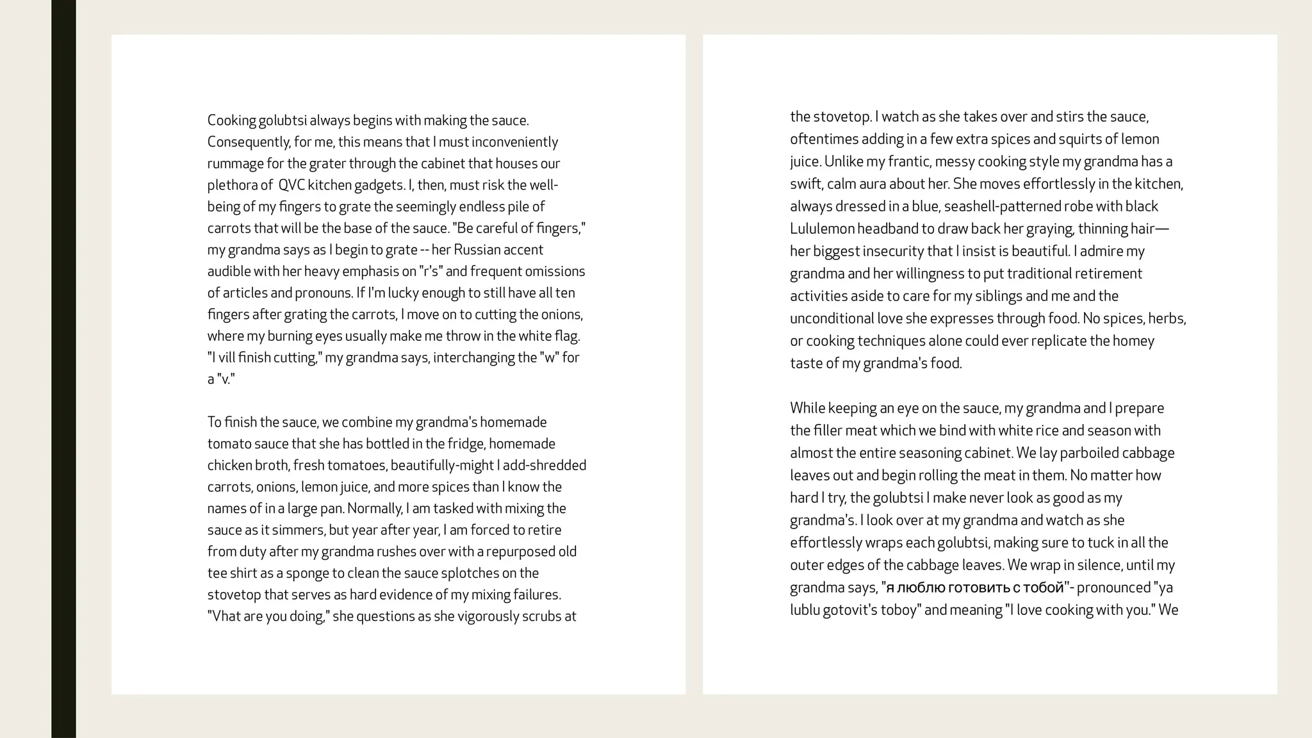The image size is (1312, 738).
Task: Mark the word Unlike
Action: point(843,161)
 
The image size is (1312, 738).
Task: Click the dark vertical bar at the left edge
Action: point(63,369)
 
